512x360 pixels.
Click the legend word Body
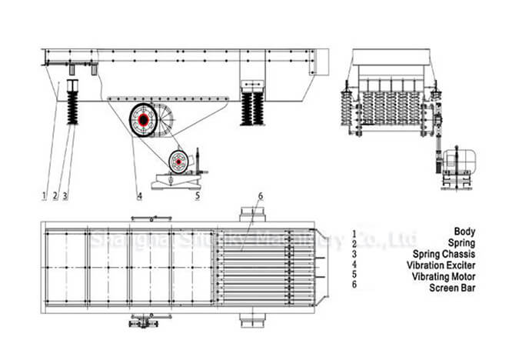464,232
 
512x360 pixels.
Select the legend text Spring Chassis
444,253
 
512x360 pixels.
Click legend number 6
354,285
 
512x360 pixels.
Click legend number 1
354,232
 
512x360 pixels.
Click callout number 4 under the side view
140,196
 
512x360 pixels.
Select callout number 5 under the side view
198,196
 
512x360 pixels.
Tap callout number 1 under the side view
45,196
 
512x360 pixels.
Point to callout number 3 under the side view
65,196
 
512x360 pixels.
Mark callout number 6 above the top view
261,196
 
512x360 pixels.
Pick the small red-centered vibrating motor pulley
179,162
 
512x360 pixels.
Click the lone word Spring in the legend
463,242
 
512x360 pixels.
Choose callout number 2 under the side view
55,196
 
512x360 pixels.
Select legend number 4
354,264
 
